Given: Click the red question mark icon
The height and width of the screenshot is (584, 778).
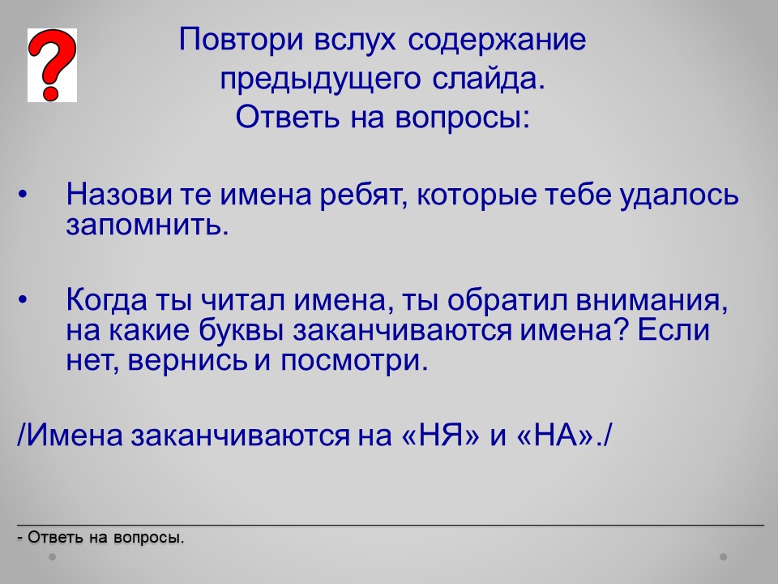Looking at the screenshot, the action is pos(52,65).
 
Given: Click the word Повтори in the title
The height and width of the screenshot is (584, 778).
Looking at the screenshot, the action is pos(241,39).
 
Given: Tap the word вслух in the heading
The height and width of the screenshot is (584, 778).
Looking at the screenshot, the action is pos(355,41).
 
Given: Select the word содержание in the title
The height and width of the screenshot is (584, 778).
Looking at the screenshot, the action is pos(497,41).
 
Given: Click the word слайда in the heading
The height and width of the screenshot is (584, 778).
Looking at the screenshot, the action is pos(488,79).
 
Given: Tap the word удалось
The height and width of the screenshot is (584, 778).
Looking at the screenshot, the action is pos(679,195).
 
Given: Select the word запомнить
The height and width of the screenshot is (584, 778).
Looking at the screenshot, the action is pos(147,225).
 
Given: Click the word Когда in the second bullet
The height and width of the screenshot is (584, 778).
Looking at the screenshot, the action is pos(107,300).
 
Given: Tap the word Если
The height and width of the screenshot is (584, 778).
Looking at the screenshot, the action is pos(673,330).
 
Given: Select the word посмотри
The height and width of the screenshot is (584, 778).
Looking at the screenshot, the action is pos(354,361).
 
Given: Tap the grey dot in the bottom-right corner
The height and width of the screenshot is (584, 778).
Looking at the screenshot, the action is pos(723,557).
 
